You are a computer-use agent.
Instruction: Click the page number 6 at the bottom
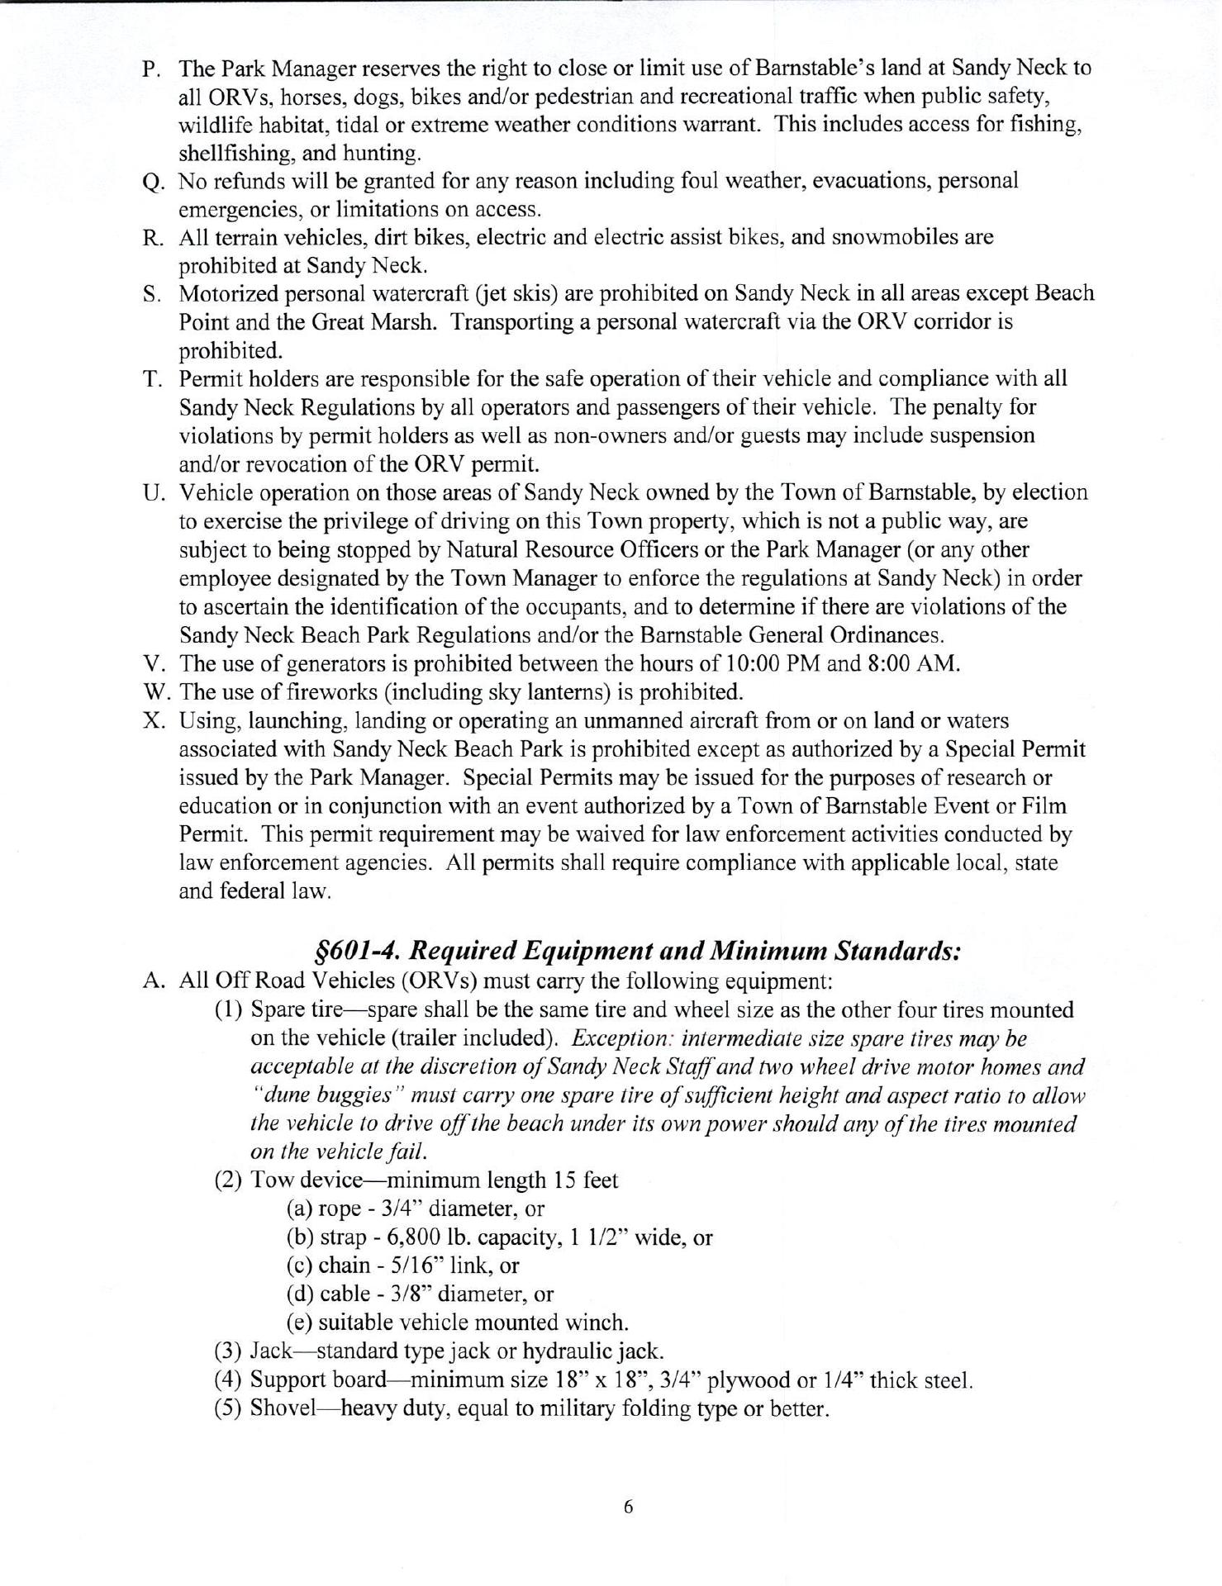628,1507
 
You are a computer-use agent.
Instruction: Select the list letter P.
151,69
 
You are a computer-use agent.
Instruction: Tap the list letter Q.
151,182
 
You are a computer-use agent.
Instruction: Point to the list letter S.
151,294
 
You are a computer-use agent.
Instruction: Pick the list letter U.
151,493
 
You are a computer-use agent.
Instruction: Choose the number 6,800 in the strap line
401,1237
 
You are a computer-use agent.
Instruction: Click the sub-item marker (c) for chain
299,1265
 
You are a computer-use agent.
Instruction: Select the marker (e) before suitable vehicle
299,1322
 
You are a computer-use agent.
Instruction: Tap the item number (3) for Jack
229,1351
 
